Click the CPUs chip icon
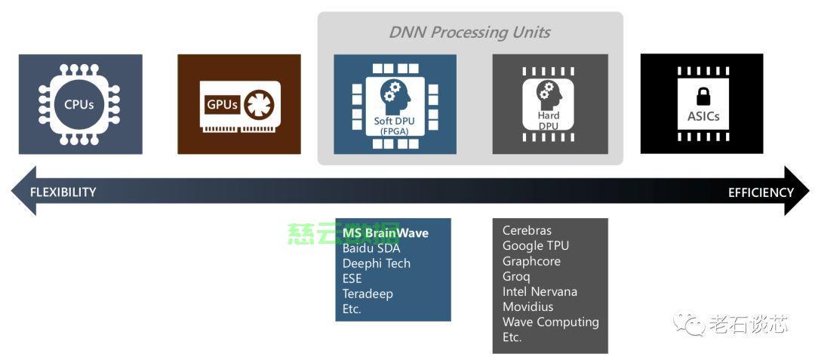coord(79,104)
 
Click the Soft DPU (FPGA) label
coord(395,125)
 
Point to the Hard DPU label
coord(549,121)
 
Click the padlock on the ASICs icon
coord(703,96)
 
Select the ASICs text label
coord(703,116)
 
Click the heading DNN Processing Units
coord(469,32)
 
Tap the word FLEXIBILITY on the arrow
coord(63,192)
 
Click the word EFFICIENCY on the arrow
coord(760,192)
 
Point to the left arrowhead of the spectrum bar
coord(21,191)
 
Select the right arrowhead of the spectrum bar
coord(798,191)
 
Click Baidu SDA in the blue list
coord(371,248)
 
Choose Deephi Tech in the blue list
coord(376,263)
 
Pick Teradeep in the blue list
coord(368,294)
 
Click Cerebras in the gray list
coord(527,230)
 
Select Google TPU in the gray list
coord(536,245)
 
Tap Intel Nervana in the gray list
coord(540,291)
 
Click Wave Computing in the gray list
coord(550,322)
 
